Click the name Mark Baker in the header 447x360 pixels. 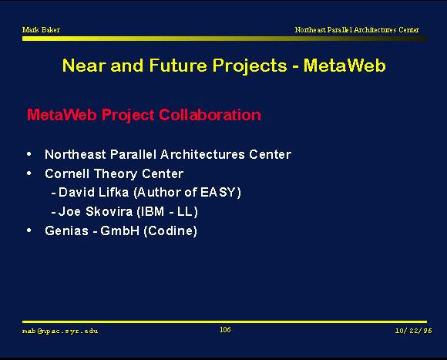click(41, 29)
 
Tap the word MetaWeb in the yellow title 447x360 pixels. click(344, 66)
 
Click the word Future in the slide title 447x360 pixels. click(178, 66)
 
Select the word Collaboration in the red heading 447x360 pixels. click(210, 115)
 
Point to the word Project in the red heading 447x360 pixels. click(128, 116)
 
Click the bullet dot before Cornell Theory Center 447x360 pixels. click(29, 173)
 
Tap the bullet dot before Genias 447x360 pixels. click(29, 230)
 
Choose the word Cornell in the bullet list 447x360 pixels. click(67, 173)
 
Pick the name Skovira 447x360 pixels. click(109, 211)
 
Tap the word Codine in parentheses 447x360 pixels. click(171, 230)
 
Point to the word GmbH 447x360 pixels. click(119, 230)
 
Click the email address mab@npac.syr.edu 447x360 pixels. click(60, 331)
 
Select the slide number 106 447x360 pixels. click(225, 330)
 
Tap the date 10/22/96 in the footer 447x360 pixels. click(413, 331)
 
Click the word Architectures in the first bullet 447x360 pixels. click(203, 154)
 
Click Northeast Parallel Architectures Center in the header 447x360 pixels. click(357, 29)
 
